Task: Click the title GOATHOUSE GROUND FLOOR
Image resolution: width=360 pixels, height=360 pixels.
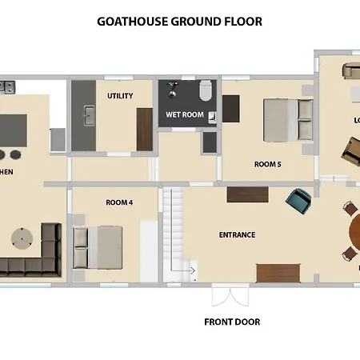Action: pos(179,22)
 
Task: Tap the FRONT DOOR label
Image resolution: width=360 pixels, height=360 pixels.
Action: pos(232,322)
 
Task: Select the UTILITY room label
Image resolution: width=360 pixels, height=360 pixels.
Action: pos(119,96)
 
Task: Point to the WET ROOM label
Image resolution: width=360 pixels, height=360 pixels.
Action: pos(185,114)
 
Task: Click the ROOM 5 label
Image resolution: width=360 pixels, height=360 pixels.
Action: pos(267,164)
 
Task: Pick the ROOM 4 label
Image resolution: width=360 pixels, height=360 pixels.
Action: pos(118,202)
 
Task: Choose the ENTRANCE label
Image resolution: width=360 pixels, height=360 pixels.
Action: pos(237,234)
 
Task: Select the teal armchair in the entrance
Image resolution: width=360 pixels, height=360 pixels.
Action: pos(299,201)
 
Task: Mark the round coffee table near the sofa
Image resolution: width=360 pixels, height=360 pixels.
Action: pos(22,238)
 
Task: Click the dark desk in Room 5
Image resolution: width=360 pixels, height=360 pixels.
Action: pos(231,109)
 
